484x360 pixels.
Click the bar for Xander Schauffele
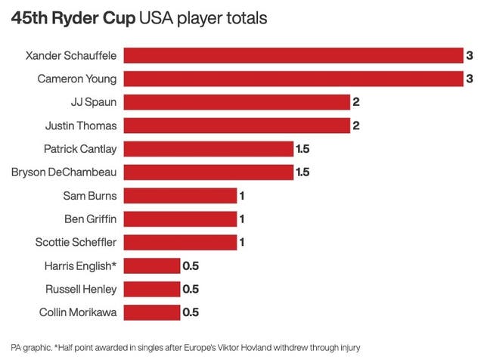(293, 55)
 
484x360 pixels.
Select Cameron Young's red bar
(293, 79)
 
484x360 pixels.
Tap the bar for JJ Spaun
(236, 102)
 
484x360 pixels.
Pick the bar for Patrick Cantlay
(208, 149)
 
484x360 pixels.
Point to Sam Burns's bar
(180, 196)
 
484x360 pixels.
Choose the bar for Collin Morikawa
(151, 312)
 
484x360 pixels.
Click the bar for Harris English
(151, 265)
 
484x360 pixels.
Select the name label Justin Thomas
(82, 126)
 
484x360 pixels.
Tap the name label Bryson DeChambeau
(64, 172)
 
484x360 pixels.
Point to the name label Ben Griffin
(90, 219)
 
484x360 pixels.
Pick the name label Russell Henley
(80, 289)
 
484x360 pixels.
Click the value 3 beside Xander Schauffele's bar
(470, 55)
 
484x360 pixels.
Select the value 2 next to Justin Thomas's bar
(356, 126)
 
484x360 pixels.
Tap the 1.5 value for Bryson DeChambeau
(302, 172)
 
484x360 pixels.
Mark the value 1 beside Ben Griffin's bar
(243, 219)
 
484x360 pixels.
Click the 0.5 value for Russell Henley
(190, 289)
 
